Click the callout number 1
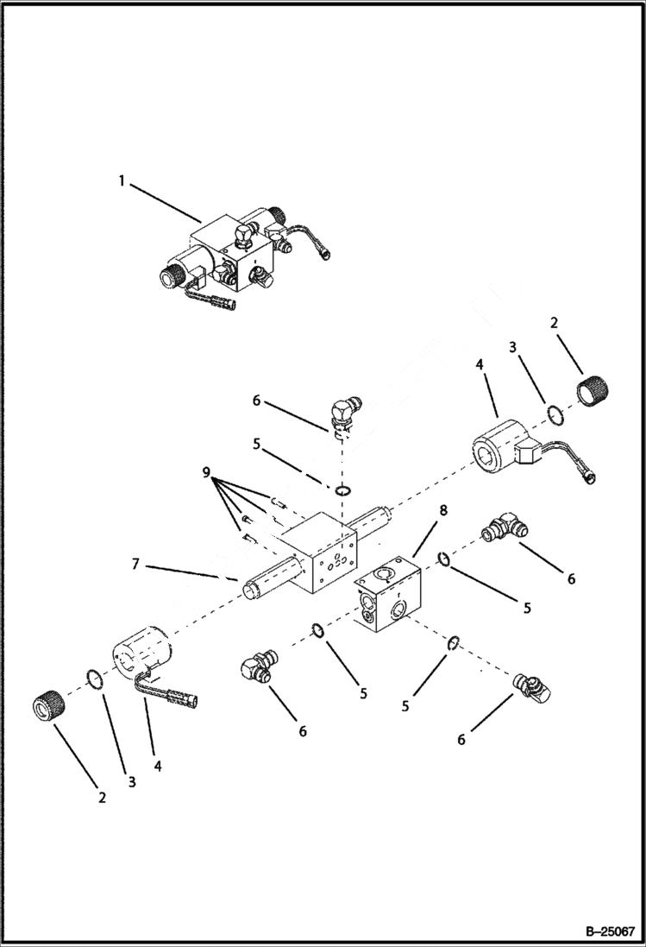coord(122,180)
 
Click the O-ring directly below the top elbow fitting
coord(343,490)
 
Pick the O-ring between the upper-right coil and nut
coord(557,416)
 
